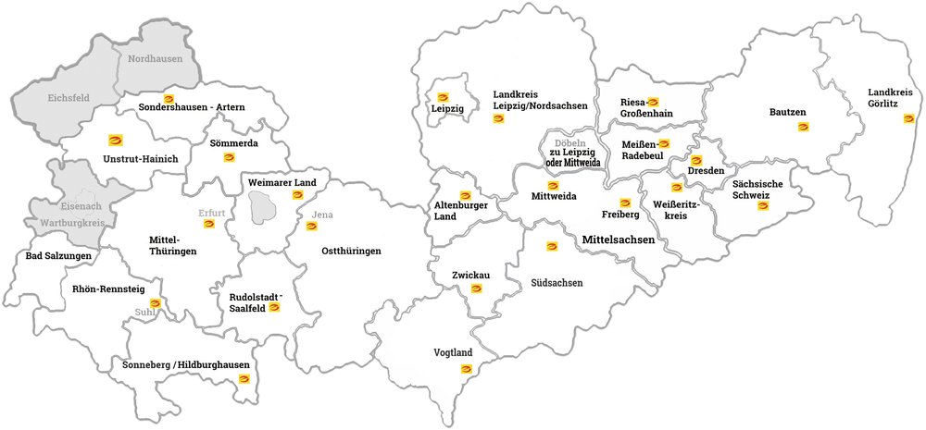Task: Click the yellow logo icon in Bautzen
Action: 802,127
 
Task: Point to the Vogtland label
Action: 454,352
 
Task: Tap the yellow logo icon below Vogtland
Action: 466,369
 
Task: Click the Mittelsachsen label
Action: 619,240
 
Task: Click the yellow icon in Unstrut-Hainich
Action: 116,141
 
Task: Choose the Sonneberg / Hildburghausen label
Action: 186,364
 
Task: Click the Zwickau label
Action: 470,276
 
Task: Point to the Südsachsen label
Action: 557,283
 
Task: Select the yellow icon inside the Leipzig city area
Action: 443,97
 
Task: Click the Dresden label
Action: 706,171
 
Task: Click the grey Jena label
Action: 322,215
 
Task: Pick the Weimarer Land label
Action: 282,183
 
